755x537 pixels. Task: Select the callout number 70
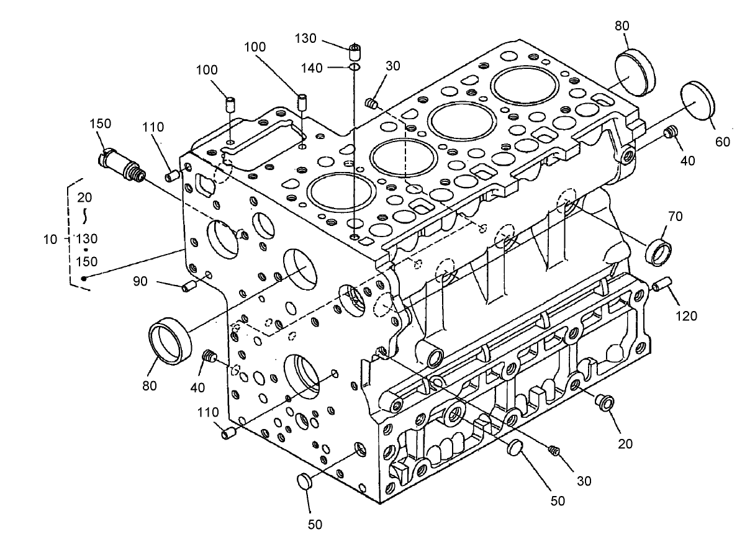(x=676, y=217)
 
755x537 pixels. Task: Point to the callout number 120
(x=687, y=315)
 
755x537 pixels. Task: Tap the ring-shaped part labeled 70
(x=658, y=250)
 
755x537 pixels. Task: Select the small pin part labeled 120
(x=661, y=286)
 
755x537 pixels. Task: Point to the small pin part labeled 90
(x=189, y=287)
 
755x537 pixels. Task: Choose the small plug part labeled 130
(x=355, y=50)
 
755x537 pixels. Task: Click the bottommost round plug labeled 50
(x=304, y=481)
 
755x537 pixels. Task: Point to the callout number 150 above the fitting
(x=99, y=124)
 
